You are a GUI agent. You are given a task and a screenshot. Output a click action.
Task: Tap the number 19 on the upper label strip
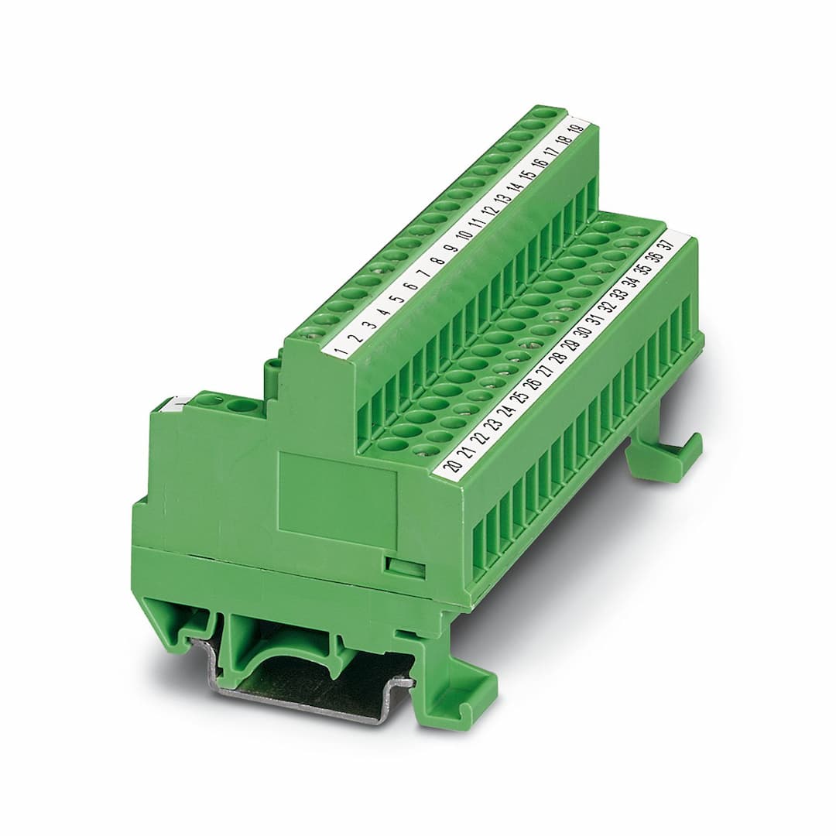pyautogui.click(x=577, y=131)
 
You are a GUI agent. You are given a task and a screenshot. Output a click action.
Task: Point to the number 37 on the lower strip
pyautogui.click(x=666, y=247)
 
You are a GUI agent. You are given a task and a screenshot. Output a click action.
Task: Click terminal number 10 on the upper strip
pyautogui.click(x=465, y=235)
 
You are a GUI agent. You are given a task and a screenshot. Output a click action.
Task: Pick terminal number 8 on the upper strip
pyautogui.click(x=439, y=262)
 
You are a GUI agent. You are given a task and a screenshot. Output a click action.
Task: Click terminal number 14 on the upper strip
pyautogui.click(x=515, y=188)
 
